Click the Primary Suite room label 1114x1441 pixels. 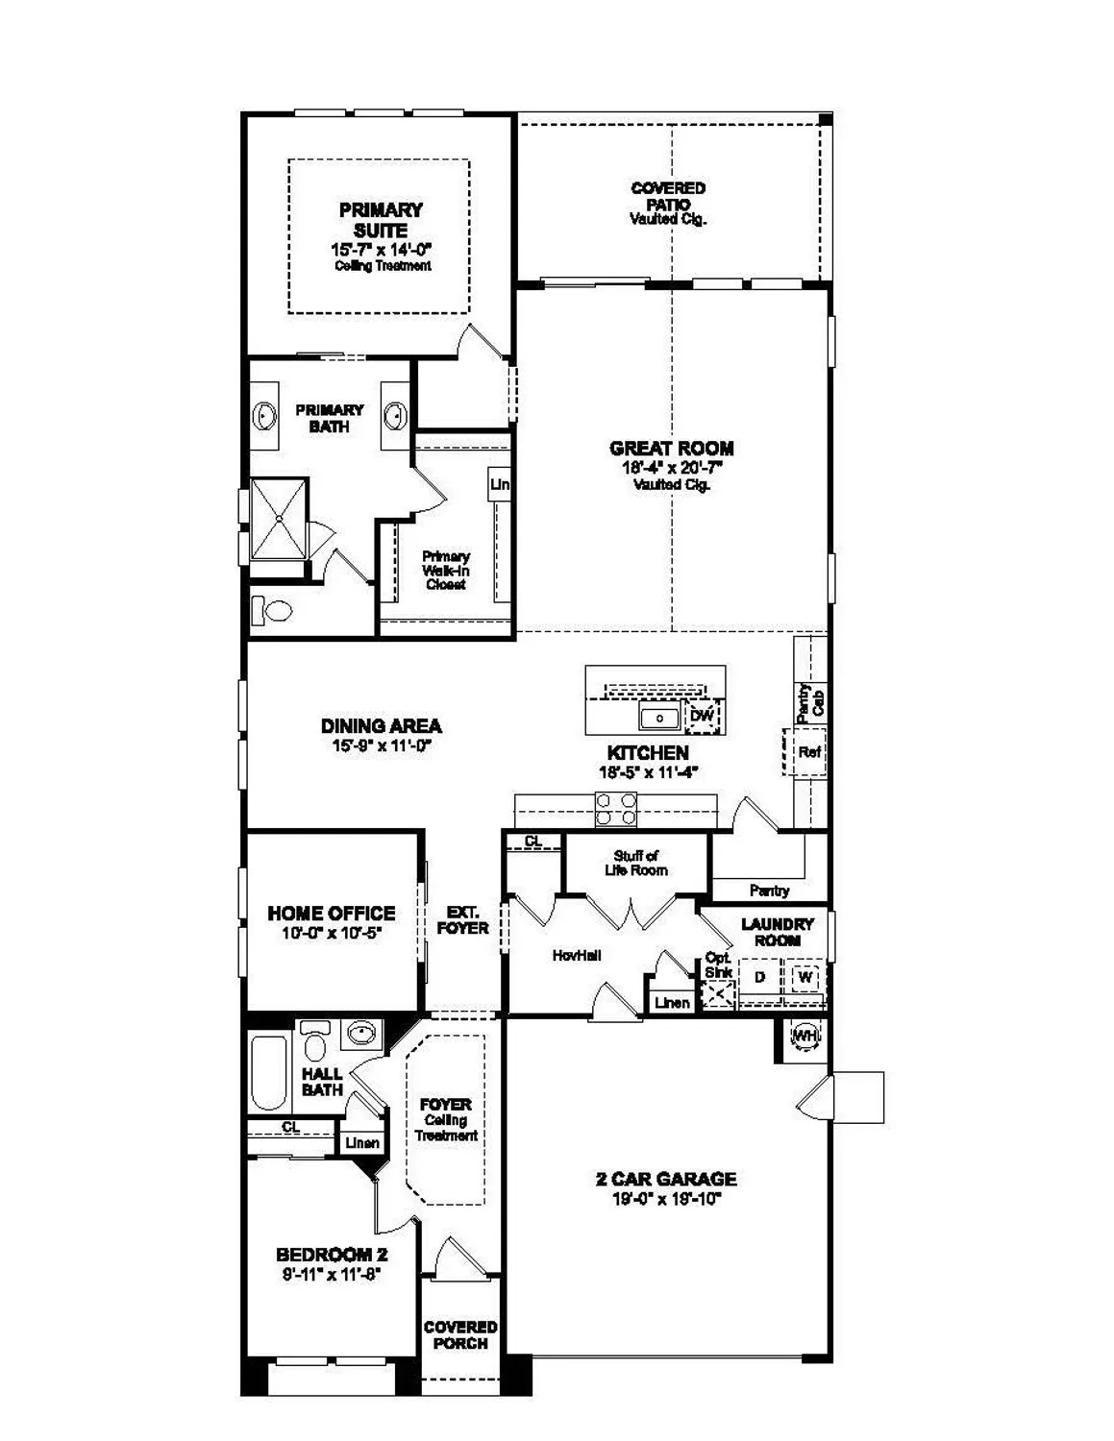click(381, 220)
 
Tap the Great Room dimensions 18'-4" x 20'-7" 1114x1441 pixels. click(671, 468)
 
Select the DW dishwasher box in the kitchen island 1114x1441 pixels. click(703, 716)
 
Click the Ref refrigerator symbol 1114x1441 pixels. click(809, 752)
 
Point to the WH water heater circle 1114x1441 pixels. click(804, 1036)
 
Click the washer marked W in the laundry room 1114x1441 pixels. click(805, 977)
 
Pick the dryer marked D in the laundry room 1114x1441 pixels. click(759, 977)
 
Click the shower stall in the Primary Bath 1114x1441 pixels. click(280, 518)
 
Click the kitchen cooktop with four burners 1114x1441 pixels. click(616, 809)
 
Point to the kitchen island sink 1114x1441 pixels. click(660, 717)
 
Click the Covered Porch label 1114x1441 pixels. click(460, 1335)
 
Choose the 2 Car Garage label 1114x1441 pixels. click(666, 1179)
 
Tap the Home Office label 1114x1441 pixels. click(331, 913)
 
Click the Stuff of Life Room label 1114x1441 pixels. click(636, 863)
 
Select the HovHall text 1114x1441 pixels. click(577, 955)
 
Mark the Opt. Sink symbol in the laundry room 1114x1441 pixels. click(718, 994)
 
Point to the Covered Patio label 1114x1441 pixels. click(668, 196)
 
